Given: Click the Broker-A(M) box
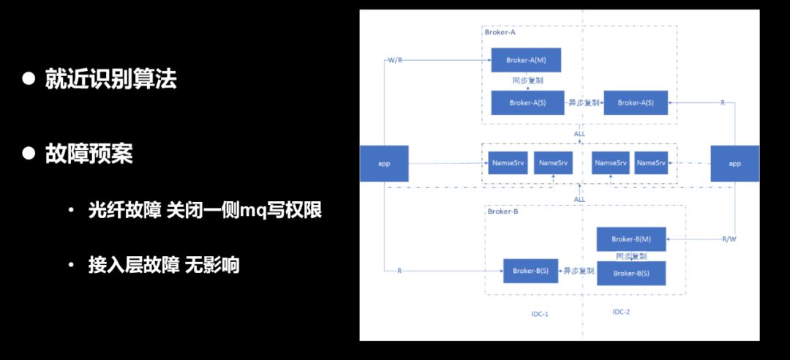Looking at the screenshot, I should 526,60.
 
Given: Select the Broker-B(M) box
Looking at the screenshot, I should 631,239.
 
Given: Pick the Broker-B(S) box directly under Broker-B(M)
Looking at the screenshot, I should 631,273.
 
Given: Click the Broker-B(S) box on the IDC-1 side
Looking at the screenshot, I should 530,271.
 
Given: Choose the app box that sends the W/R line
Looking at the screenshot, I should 384,163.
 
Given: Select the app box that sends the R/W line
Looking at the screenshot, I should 735,163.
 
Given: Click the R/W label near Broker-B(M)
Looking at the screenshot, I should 729,239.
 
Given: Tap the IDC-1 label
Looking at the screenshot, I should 540,313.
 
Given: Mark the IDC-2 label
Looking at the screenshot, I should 621,312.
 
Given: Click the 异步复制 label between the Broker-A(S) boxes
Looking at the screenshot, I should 584,103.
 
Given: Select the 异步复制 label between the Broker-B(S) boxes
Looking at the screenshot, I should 578,271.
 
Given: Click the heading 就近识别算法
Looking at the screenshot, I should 110,79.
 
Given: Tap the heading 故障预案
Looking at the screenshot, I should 89,154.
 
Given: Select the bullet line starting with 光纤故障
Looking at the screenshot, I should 205,211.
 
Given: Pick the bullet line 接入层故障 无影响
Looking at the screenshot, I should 164,265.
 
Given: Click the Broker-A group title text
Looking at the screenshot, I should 500,32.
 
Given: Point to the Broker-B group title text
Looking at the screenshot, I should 503,211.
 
